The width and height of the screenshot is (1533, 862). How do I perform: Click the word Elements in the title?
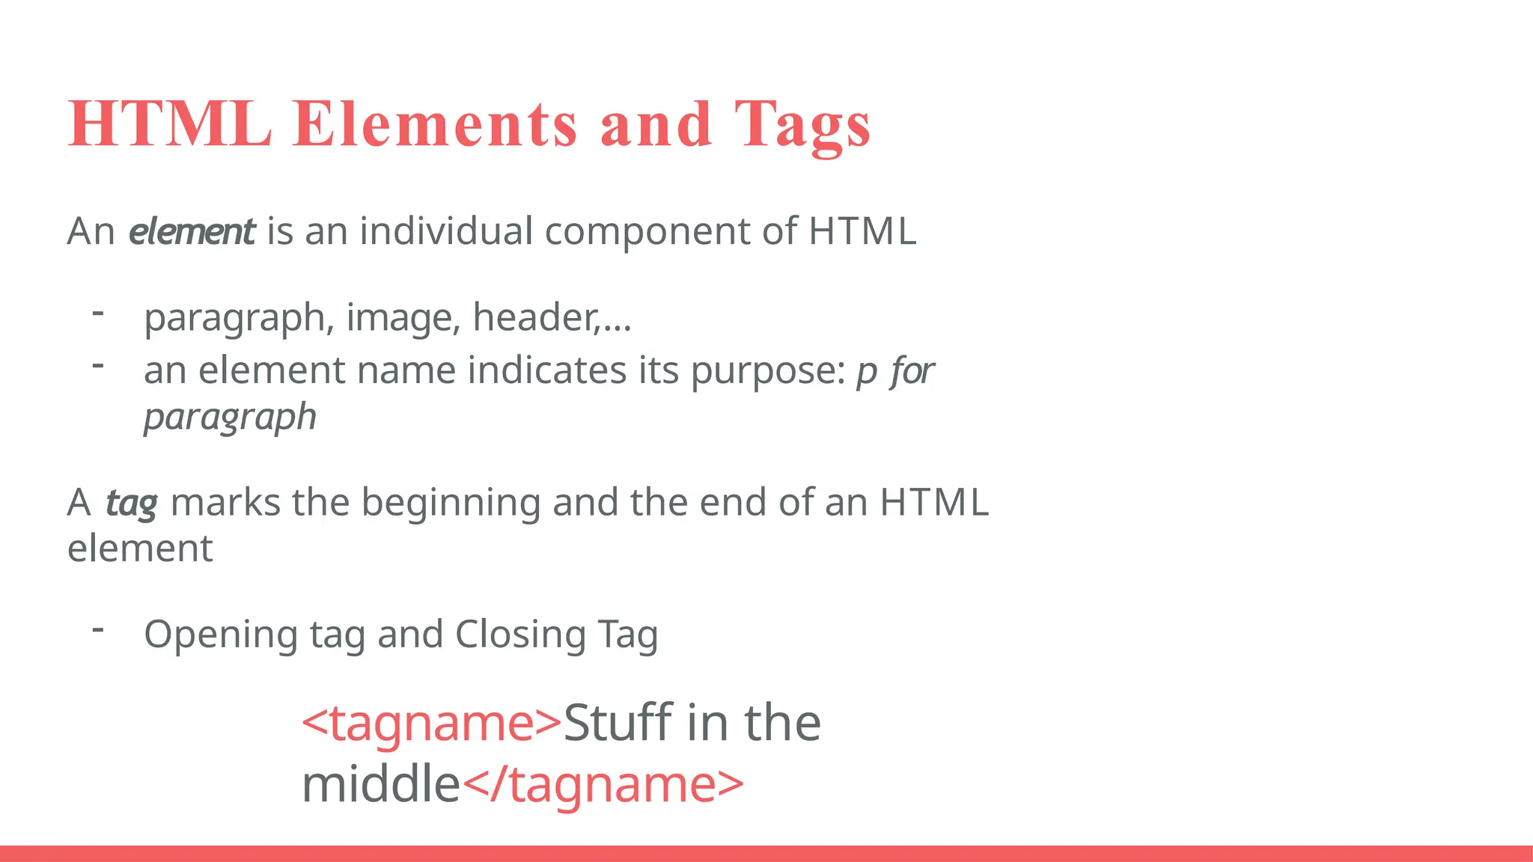435,124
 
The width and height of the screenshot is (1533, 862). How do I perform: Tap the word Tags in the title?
802,126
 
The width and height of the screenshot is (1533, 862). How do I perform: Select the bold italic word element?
192,231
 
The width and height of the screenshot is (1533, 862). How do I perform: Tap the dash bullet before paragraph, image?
97,313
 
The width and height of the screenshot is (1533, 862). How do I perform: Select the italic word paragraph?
230,418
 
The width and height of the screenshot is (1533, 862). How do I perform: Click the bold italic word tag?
132,504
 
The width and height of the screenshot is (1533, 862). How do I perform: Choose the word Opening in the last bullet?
220,635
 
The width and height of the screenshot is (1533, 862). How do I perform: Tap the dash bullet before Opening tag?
97,630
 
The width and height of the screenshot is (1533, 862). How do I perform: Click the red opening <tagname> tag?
431,724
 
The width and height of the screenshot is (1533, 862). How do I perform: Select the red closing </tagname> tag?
603,785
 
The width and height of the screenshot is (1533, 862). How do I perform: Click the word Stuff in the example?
618,724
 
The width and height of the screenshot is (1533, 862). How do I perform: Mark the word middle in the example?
380,785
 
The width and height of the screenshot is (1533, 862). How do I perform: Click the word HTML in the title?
170,124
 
